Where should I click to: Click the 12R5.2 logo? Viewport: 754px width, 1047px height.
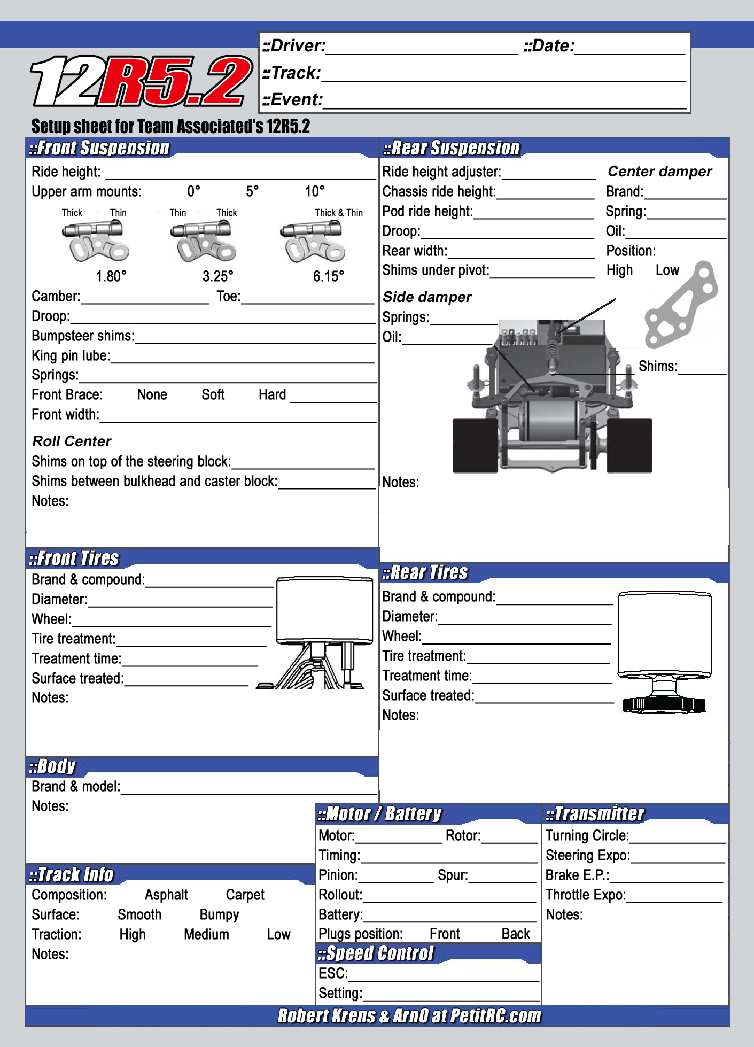point(142,81)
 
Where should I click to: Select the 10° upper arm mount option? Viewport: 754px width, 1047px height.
point(315,191)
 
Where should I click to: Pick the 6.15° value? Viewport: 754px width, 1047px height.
point(328,276)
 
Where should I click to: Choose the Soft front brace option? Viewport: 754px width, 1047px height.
point(213,395)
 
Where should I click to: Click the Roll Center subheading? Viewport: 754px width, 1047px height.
point(72,441)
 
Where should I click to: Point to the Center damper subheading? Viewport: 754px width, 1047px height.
point(660,172)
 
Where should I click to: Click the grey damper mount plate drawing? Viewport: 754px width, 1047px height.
point(681,305)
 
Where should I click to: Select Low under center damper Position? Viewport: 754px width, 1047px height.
point(667,270)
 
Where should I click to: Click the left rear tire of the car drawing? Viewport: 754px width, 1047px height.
point(475,446)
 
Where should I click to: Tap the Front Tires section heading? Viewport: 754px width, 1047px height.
point(74,559)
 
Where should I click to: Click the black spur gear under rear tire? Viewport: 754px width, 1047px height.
point(664,705)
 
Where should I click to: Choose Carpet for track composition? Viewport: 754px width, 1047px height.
point(245,895)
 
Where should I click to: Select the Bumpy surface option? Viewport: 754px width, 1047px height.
point(219,915)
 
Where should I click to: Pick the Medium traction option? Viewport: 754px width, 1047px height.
point(206,935)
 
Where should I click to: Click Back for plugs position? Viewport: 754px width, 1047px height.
point(516,934)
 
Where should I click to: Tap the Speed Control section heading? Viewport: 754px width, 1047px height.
point(376,953)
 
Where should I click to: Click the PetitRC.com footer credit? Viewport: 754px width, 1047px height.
point(409,1016)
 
